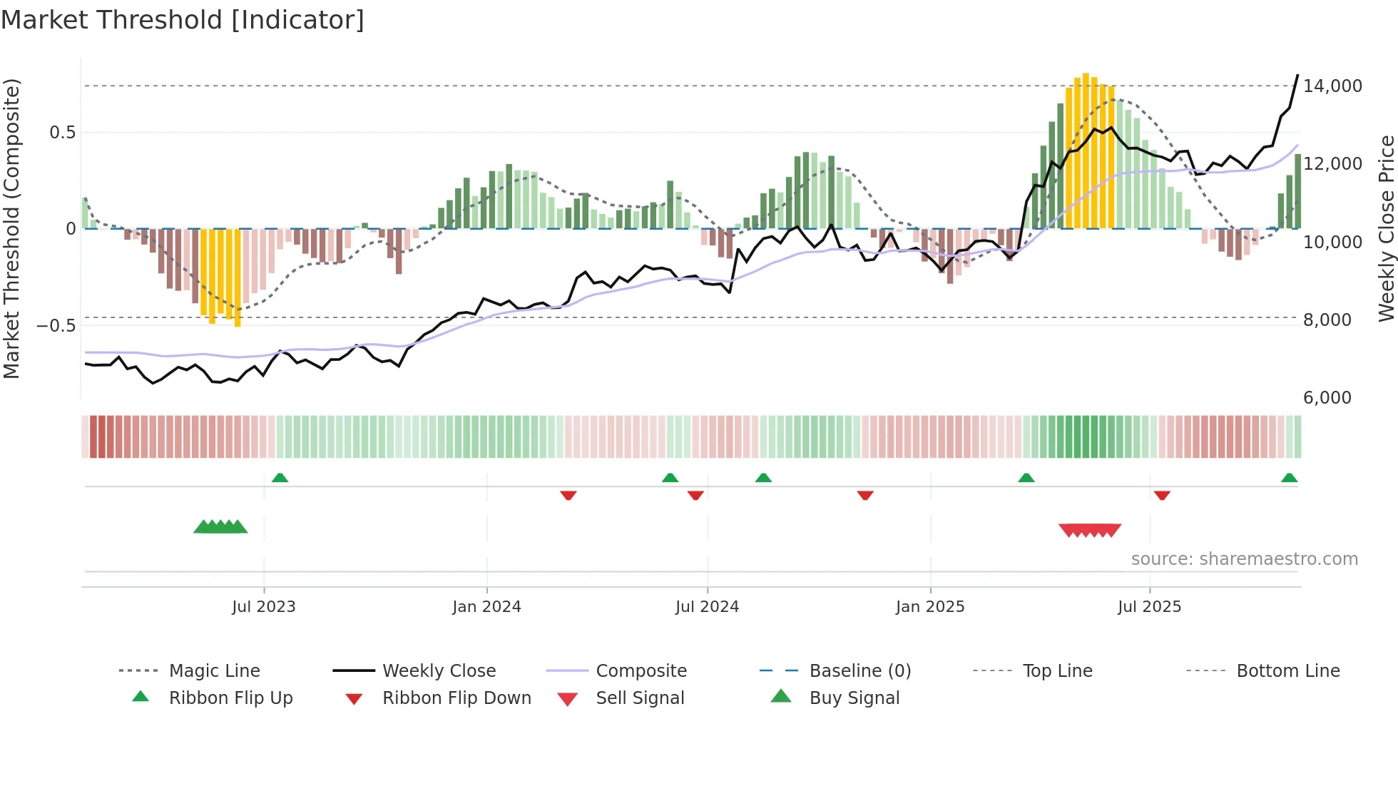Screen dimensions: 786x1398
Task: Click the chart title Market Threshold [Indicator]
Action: click(183, 20)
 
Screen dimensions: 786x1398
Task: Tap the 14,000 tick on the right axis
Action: click(1332, 86)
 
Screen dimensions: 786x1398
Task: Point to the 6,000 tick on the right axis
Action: click(1327, 398)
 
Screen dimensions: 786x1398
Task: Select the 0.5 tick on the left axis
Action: click(63, 133)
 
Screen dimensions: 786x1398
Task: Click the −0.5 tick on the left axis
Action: click(56, 326)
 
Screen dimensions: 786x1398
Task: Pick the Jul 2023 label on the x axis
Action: click(263, 607)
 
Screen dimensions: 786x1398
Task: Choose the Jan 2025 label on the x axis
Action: click(930, 607)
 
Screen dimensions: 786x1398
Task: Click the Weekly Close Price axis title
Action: click(1386, 228)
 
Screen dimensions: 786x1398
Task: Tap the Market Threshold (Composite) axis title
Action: click(11, 228)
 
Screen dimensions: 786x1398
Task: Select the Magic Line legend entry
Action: click(214, 671)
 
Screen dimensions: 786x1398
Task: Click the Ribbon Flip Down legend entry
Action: click(456, 698)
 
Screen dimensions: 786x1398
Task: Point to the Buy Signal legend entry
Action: click(854, 698)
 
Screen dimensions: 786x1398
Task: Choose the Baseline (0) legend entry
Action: click(859, 671)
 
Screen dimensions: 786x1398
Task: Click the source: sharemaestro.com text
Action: click(1244, 559)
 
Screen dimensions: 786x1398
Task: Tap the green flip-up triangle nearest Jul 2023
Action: click(280, 478)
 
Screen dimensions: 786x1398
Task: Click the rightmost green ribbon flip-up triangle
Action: click(1289, 478)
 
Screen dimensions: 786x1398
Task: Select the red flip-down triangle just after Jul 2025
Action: click(1162, 495)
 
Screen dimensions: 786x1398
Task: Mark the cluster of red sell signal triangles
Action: click(1090, 530)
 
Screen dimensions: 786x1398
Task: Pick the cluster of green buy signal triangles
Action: click(220, 527)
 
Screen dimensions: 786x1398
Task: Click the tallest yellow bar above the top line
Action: click(1086, 150)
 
